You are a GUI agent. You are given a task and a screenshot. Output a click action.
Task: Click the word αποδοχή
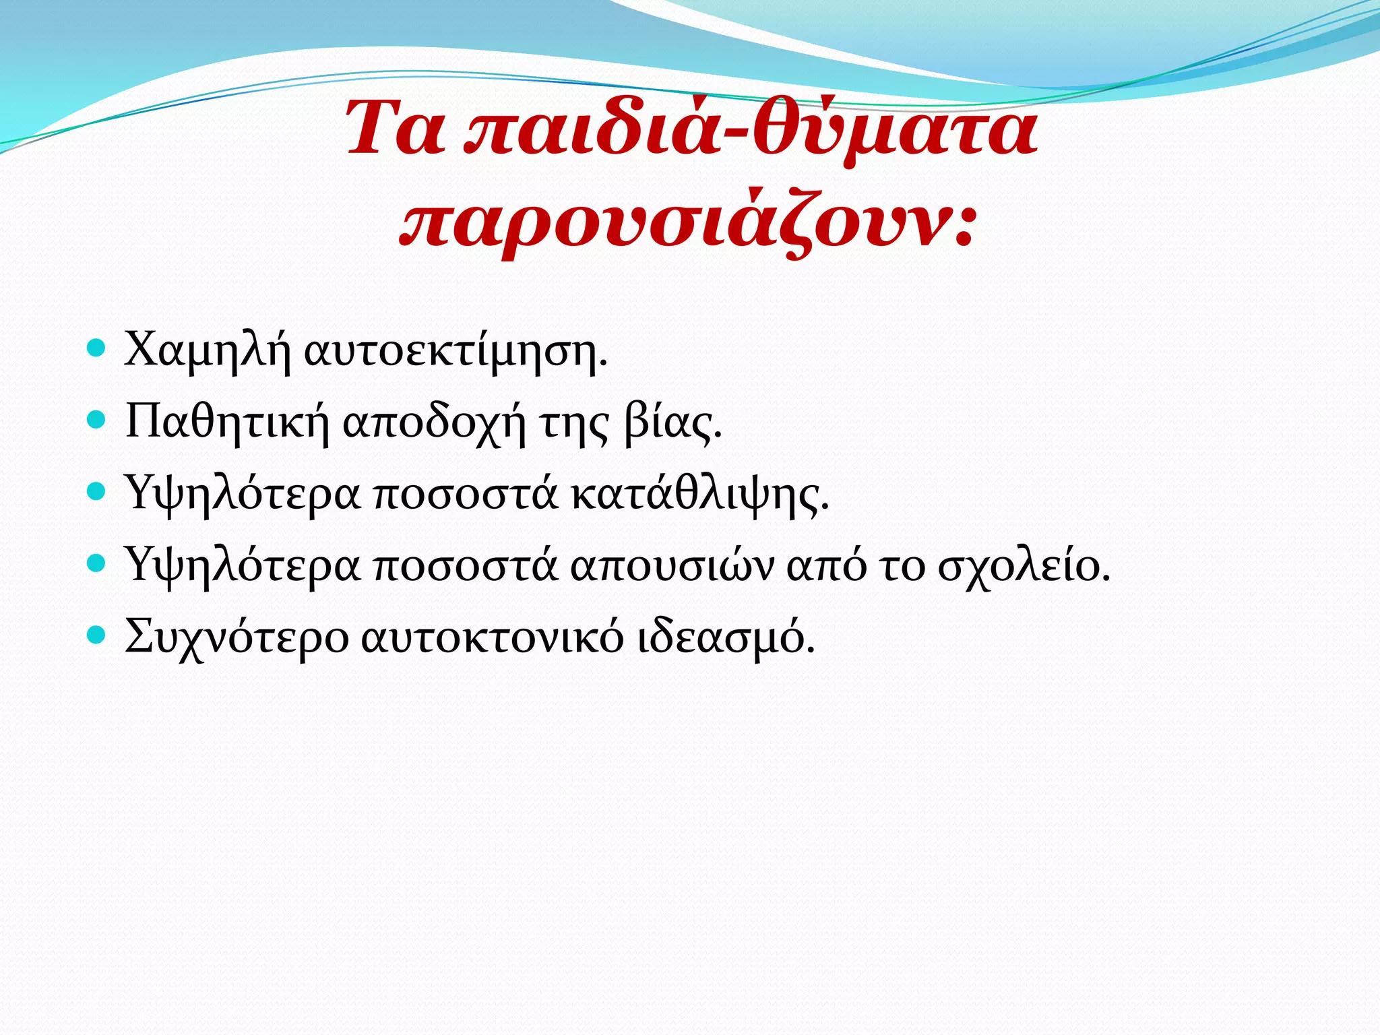(x=434, y=424)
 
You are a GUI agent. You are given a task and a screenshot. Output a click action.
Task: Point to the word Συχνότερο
(x=237, y=637)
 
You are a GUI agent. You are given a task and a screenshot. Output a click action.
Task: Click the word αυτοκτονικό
(x=493, y=637)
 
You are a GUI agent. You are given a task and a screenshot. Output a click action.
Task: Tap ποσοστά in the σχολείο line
(x=466, y=567)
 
